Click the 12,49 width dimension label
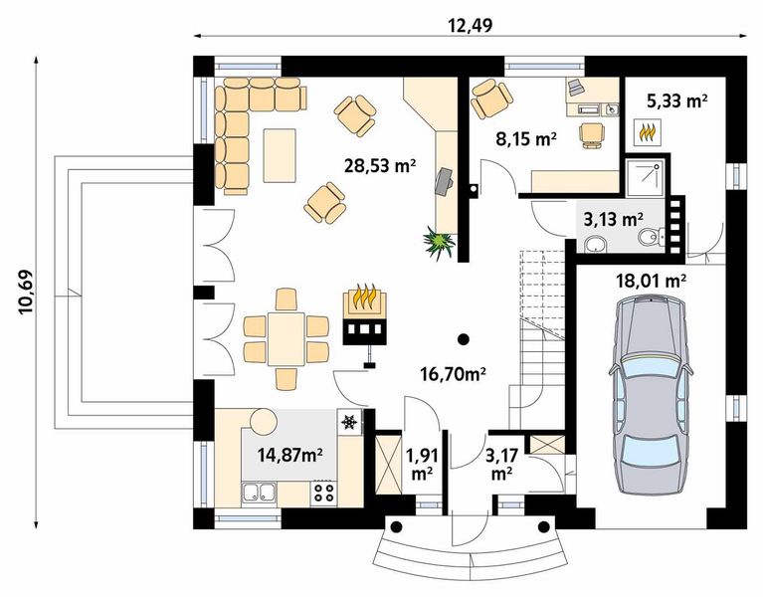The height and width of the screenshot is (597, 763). (x=471, y=25)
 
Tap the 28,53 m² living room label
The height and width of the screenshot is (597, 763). (x=380, y=165)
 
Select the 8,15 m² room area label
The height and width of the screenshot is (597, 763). (x=526, y=139)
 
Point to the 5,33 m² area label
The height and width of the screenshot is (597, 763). (x=676, y=100)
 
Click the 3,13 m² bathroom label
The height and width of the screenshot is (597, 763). (x=613, y=220)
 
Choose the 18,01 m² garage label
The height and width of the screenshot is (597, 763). (x=651, y=281)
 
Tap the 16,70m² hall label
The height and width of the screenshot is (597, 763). (x=453, y=374)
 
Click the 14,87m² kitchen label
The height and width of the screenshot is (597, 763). (x=290, y=455)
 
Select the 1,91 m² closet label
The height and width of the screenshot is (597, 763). (x=423, y=465)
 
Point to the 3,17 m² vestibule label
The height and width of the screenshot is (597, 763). (x=501, y=465)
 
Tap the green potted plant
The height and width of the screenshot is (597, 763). (x=440, y=243)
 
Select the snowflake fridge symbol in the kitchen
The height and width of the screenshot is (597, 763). (x=349, y=421)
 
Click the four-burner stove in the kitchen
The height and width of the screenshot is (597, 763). (x=323, y=493)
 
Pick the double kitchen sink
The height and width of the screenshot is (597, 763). (x=259, y=492)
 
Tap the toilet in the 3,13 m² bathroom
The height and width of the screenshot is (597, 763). (x=651, y=237)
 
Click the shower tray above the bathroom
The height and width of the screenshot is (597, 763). (x=645, y=177)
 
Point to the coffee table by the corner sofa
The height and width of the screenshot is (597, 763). (x=280, y=155)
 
